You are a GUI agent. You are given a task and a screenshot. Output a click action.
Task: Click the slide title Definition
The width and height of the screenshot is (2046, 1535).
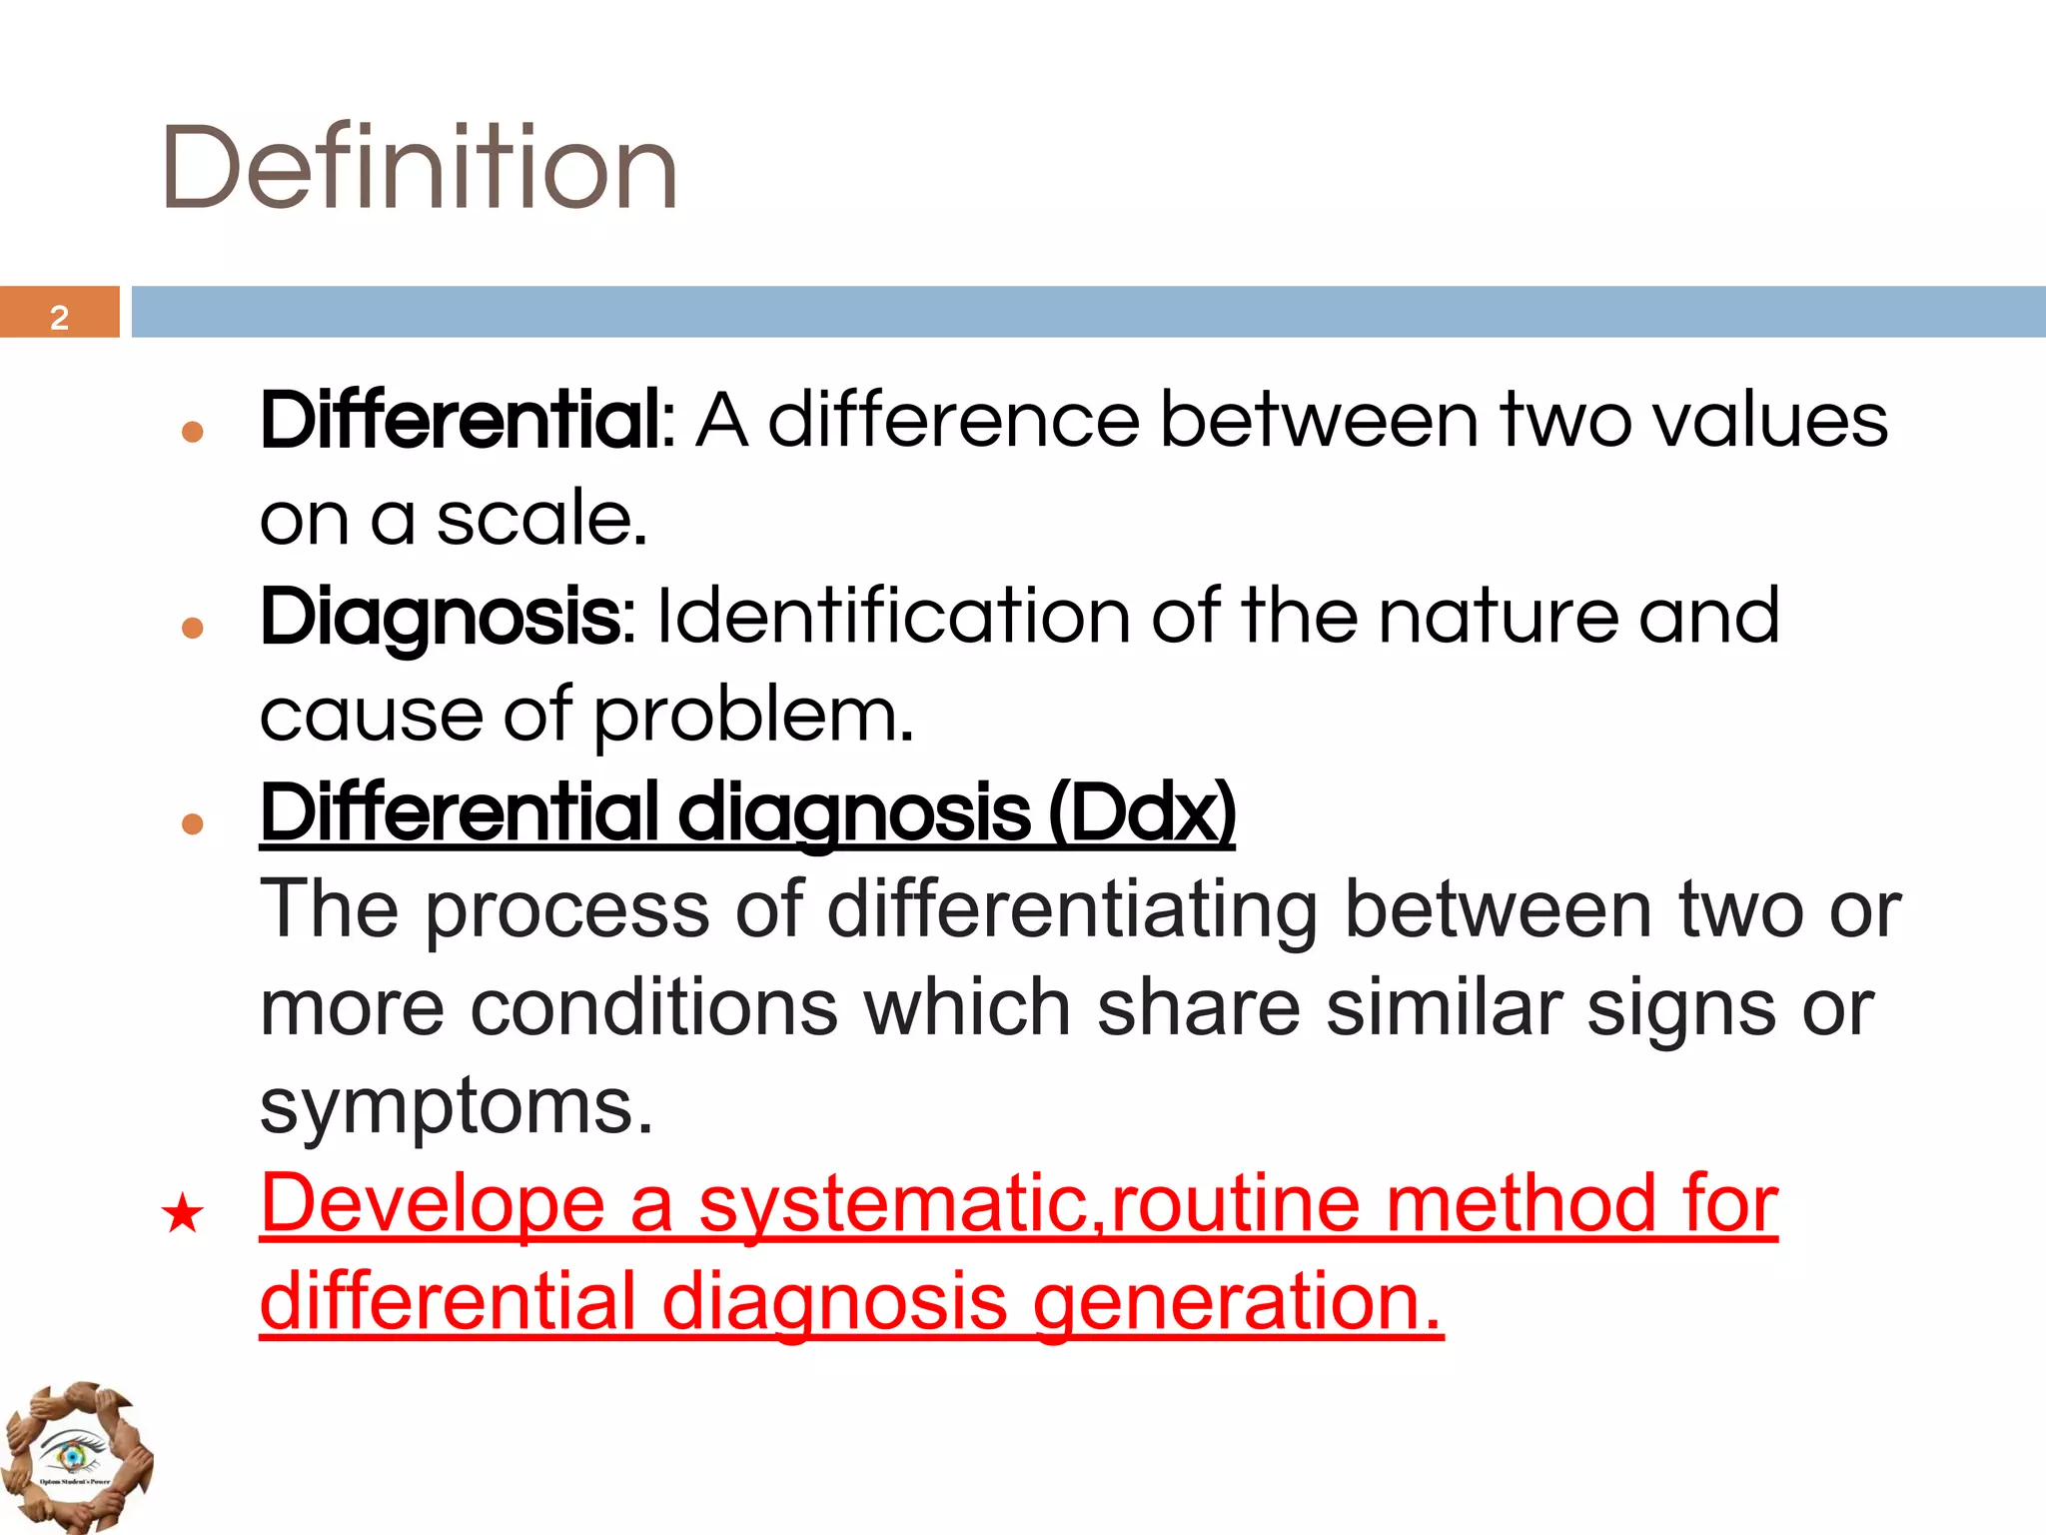tap(420, 167)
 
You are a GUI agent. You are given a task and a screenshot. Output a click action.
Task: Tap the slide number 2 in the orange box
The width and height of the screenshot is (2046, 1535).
tap(59, 317)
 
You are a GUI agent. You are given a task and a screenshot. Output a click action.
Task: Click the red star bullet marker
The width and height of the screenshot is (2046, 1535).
tap(183, 1214)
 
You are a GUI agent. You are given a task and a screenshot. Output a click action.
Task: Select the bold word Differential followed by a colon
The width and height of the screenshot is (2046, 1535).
tap(468, 420)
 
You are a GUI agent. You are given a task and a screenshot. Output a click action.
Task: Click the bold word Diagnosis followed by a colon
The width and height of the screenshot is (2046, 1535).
tap(446, 616)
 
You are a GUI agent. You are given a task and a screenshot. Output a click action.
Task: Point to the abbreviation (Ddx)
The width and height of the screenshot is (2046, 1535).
tap(1142, 812)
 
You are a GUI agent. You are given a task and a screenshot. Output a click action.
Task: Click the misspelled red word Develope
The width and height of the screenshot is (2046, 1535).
tap(433, 1204)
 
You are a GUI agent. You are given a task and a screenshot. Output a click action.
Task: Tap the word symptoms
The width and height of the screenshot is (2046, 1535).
tap(456, 1106)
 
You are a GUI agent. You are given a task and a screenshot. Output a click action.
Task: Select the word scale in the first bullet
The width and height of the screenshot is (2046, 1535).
tap(540, 519)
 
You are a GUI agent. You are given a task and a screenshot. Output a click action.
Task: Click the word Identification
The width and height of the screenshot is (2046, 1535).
tap(892, 616)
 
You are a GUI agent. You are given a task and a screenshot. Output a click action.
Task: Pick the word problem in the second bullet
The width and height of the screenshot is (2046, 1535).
tap(752, 715)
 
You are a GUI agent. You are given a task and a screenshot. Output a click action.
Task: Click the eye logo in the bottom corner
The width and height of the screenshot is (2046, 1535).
tap(74, 1455)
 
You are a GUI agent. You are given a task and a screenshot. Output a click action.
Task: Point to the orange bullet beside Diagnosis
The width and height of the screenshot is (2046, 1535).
tap(193, 628)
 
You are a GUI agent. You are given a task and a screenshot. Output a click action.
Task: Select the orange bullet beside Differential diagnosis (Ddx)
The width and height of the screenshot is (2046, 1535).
tap(193, 823)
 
